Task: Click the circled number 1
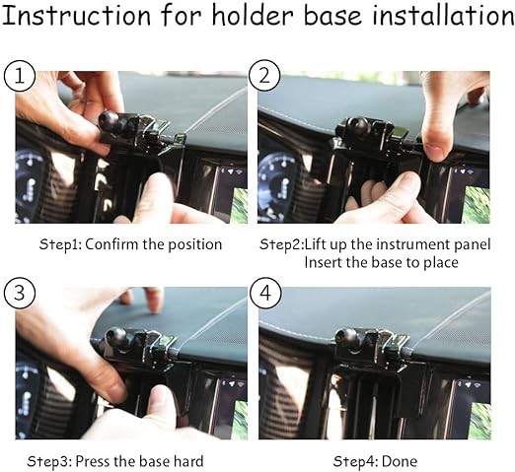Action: pyautogui.click(x=20, y=77)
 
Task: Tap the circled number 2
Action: pyautogui.click(x=264, y=76)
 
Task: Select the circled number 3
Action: pyautogui.click(x=20, y=293)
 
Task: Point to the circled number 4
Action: pyautogui.click(x=265, y=293)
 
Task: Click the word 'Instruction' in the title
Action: pyautogui.click(x=76, y=15)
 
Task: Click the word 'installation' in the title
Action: pyautogui.click(x=443, y=15)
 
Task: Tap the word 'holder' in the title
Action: pyautogui.click(x=253, y=15)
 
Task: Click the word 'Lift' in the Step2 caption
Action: pyautogui.click(x=315, y=244)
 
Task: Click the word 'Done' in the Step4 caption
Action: pyautogui.click(x=400, y=461)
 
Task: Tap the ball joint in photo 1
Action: pyautogui.click(x=109, y=120)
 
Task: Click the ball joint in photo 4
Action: pyautogui.click(x=347, y=338)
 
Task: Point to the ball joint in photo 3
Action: pyautogui.click(x=115, y=338)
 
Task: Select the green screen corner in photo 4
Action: pyautogui.click(x=480, y=421)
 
